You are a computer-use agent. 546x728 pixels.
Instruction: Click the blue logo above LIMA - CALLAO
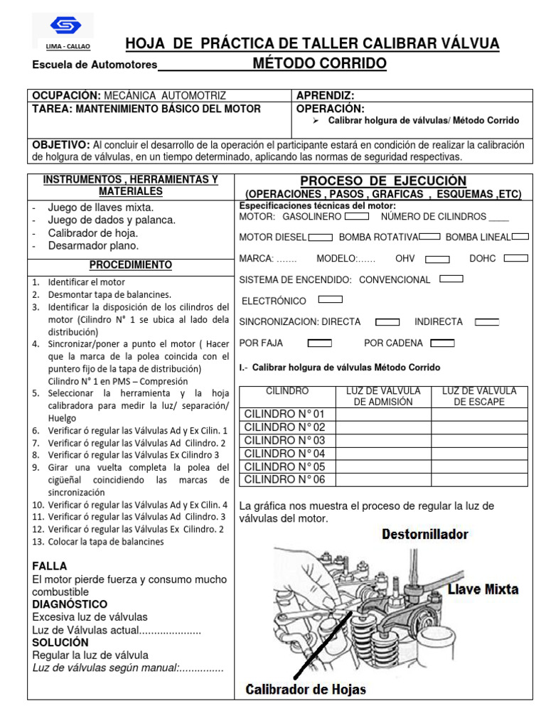click(x=65, y=26)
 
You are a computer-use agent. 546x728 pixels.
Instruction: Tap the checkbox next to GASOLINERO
click(x=356, y=216)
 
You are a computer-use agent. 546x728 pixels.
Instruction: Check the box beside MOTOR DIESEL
click(x=321, y=237)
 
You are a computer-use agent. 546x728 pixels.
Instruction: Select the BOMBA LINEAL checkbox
click(x=520, y=237)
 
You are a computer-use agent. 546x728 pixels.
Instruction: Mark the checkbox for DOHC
click(x=515, y=258)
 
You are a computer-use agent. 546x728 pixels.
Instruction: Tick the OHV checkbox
click(x=437, y=259)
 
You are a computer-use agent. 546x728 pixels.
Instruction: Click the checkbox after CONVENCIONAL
click(x=451, y=279)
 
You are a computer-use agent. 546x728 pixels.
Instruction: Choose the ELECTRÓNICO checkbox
click(x=330, y=300)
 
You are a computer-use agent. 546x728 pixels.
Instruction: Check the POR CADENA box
click(x=442, y=343)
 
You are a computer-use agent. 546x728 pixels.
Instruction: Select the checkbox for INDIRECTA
click(x=486, y=321)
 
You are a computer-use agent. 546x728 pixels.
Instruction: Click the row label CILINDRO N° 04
click(x=284, y=454)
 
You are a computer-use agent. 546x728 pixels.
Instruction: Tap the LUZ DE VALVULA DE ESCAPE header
click(x=479, y=397)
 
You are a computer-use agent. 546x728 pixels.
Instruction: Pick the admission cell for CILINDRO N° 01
click(x=383, y=414)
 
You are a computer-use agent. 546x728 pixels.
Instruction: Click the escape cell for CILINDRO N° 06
click(x=479, y=480)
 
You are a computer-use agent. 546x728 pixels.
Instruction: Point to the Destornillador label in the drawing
click(x=425, y=533)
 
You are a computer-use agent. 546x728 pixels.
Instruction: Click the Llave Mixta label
click(x=483, y=589)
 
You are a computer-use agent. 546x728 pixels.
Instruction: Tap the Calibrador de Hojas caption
click(x=306, y=688)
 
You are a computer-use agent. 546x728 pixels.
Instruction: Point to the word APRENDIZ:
click(x=325, y=96)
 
